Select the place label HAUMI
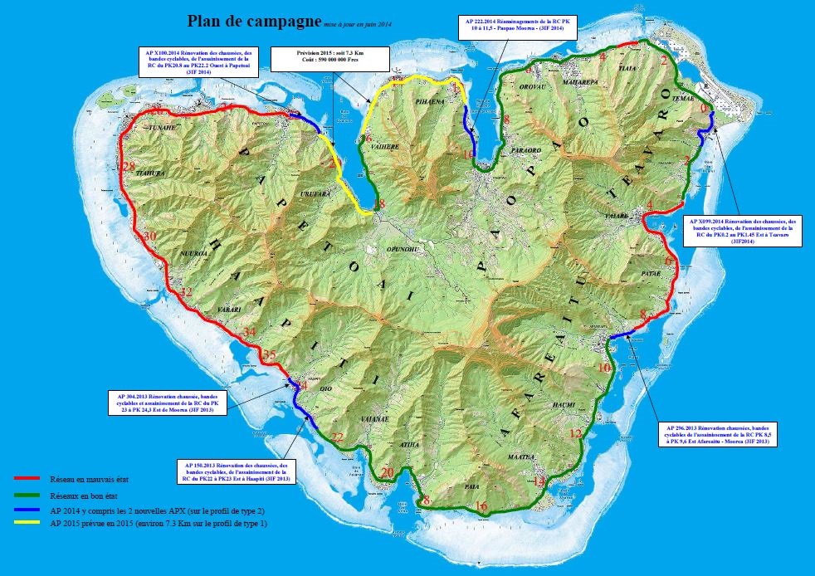pyautogui.click(x=564, y=404)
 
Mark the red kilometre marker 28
pyautogui.click(x=128, y=167)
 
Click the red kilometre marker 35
pyautogui.click(x=268, y=355)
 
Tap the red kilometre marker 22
pyautogui.click(x=336, y=437)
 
